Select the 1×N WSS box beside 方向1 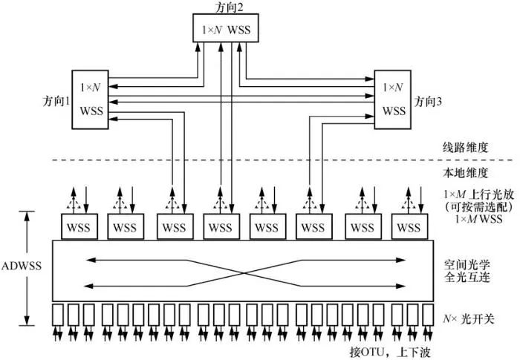tap(93, 100)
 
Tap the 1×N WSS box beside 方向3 tap(392, 99)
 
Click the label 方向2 tap(222, 7)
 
